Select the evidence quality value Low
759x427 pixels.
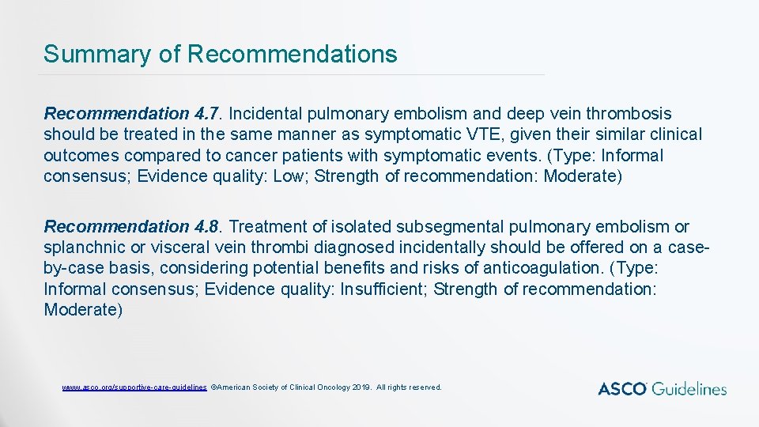point(289,176)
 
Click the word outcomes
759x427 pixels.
point(80,155)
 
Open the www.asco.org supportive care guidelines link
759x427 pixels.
point(134,387)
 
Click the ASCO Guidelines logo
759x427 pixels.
point(662,388)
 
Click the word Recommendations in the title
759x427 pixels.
point(293,55)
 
